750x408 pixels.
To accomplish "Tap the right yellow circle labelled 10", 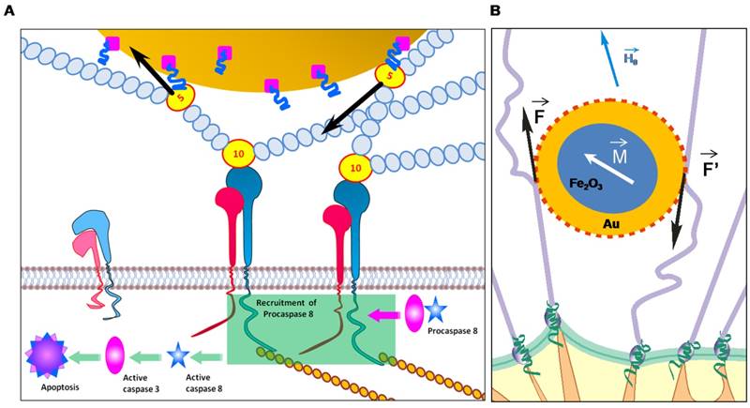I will click(354, 169).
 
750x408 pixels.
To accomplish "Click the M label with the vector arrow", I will click(619, 153).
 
